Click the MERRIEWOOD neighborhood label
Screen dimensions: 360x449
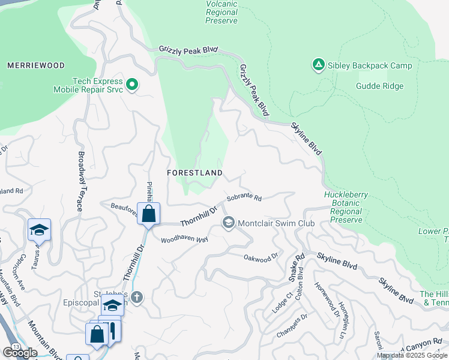pos(35,65)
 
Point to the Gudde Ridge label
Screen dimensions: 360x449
pos(379,86)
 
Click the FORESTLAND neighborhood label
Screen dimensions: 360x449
pos(194,173)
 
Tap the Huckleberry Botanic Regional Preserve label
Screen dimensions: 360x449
pos(346,208)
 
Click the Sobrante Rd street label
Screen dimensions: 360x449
pos(244,197)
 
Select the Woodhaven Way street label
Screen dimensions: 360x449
pos(184,239)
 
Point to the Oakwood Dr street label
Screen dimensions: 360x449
pos(262,257)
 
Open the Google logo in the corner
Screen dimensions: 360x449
pos(20,352)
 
